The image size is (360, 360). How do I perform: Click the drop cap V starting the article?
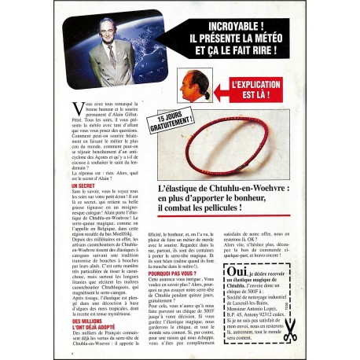click(77, 108)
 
